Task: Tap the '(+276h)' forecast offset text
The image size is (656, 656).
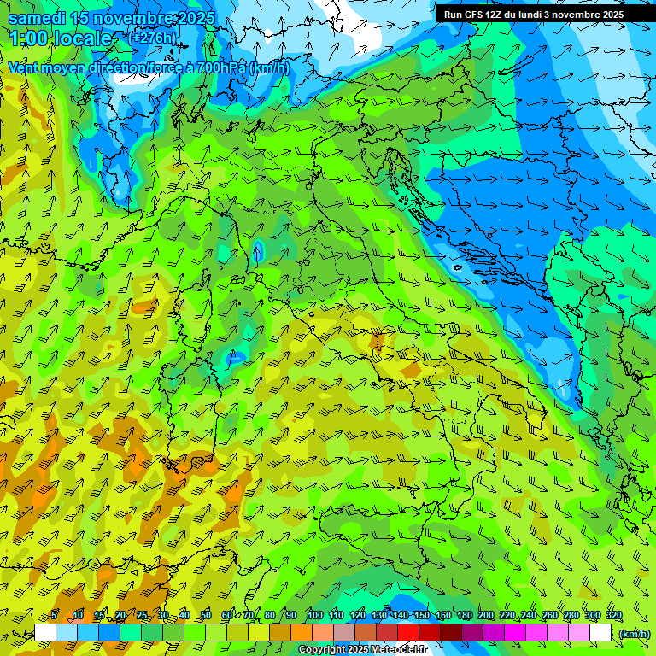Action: [x=151, y=38]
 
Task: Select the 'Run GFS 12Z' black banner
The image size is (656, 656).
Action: [x=533, y=15]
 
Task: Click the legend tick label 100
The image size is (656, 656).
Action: [x=315, y=616]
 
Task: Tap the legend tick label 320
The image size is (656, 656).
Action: [x=614, y=616]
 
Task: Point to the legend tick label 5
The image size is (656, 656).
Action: [x=55, y=616]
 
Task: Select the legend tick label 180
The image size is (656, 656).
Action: [x=465, y=616]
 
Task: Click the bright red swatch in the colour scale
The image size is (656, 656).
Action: [x=408, y=633]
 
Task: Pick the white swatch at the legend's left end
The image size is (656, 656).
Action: [x=45, y=633]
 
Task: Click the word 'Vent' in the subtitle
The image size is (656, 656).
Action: [x=24, y=67]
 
